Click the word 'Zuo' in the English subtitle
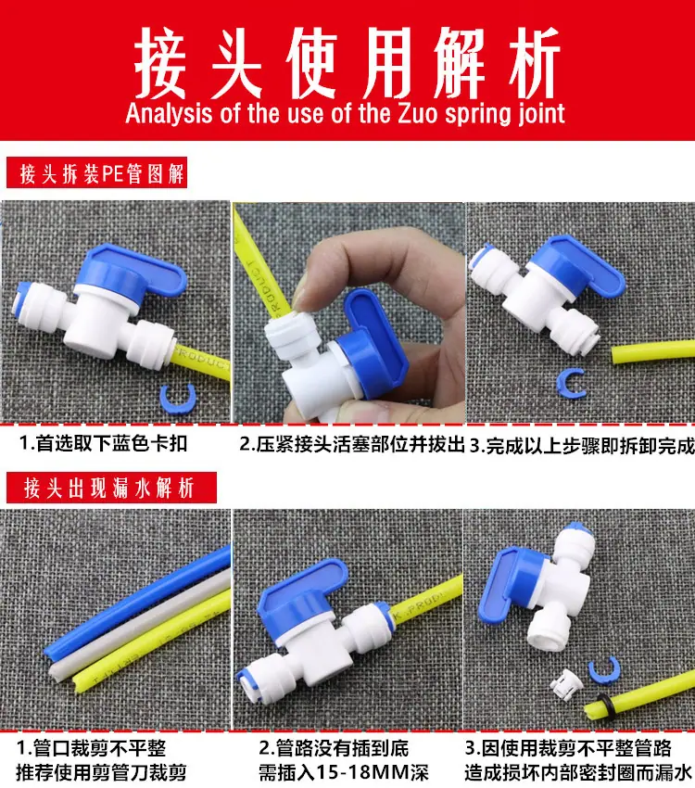pos(419,114)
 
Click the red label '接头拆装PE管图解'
pos(97,172)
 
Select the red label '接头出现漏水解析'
pos(111,488)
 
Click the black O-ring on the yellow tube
pos(602,707)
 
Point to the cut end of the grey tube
pos(57,671)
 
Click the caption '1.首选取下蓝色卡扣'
pos(103,443)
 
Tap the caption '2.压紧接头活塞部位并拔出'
pos(351,445)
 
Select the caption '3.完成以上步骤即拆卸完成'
pos(582,446)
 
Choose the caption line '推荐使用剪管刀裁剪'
pos(101,771)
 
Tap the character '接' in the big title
pos(160,63)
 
